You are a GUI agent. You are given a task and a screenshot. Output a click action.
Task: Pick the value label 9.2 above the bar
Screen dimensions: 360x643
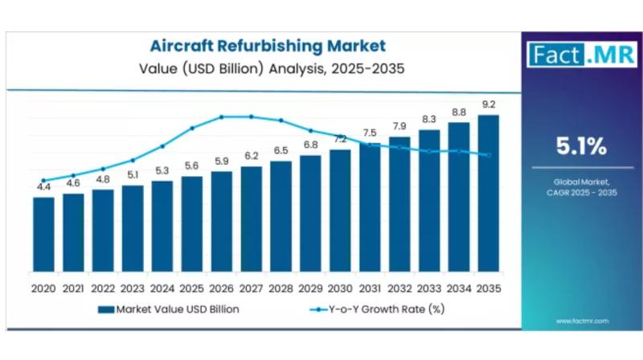click(x=488, y=104)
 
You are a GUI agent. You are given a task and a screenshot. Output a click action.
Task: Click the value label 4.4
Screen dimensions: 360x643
click(x=43, y=187)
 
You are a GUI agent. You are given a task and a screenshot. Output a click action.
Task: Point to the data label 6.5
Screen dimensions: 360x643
click(x=281, y=150)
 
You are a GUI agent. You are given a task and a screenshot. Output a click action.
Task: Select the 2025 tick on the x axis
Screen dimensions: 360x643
click(x=191, y=286)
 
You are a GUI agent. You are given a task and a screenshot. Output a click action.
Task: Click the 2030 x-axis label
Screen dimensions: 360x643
click(x=339, y=286)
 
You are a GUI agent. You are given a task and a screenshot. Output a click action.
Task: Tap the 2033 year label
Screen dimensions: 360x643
click(x=428, y=286)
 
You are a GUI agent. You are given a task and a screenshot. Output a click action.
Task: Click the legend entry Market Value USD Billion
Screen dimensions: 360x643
click(x=168, y=308)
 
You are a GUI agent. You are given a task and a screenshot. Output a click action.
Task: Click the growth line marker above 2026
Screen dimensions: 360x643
click(x=221, y=117)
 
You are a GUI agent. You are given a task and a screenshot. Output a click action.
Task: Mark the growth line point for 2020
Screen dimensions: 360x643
click(x=43, y=180)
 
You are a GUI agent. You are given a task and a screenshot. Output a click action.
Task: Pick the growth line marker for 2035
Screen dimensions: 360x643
click(x=488, y=155)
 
